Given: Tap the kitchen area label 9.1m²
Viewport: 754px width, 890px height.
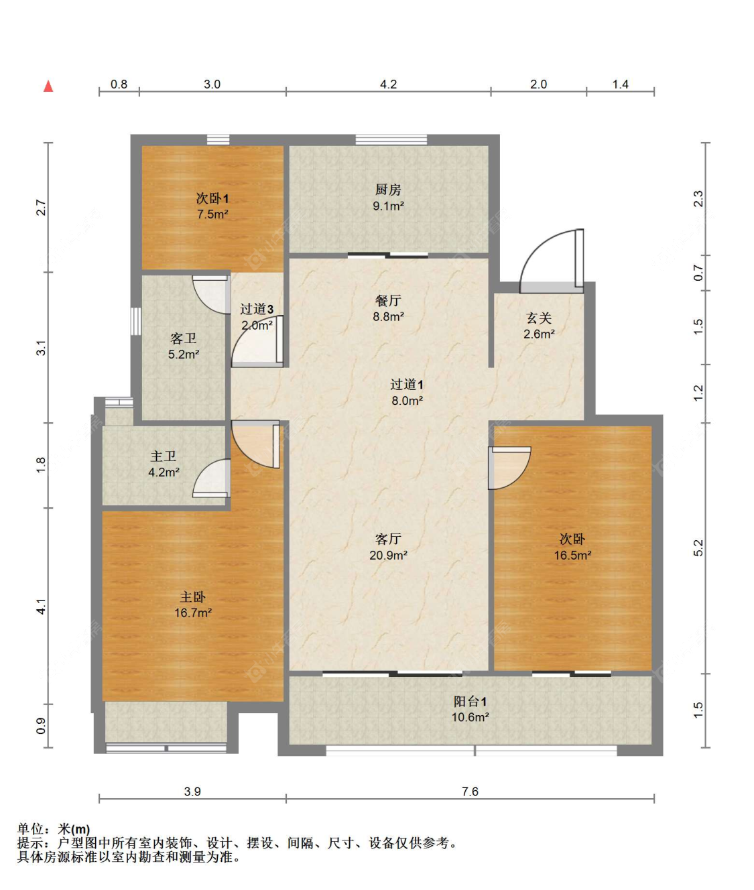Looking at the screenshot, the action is click(x=388, y=206).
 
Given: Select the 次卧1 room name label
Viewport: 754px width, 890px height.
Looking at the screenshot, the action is click(x=212, y=198).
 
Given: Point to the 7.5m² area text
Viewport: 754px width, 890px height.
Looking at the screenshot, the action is click(x=212, y=214).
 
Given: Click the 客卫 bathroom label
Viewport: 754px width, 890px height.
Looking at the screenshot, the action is click(x=184, y=338).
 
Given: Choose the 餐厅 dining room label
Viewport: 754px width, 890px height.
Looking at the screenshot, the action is click(x=388, y=300).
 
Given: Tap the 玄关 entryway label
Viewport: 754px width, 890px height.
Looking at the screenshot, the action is click(x=539, y=318).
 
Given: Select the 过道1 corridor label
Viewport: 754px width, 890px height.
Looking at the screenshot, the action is click(x=407, y=384).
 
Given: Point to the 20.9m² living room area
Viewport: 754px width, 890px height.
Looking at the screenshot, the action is click(x=388, y=555).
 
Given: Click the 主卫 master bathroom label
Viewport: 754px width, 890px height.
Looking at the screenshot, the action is click(x=164, y=456).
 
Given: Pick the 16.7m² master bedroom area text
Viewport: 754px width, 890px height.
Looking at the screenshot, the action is click(x=192, y=613).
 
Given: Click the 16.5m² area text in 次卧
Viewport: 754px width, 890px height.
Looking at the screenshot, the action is click(x=572, y=555).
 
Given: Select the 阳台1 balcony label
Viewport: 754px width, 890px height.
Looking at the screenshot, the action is click(x=470, y=702).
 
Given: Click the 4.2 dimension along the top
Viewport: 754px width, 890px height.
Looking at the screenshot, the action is click(x=388, y=84).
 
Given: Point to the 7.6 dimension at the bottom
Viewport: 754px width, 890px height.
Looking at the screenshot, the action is click(x=470, y=791).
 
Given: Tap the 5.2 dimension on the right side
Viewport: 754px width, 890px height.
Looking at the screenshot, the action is click(x=698, y=548).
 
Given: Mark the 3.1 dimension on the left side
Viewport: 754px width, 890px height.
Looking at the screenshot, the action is click(x=41, y=347).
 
